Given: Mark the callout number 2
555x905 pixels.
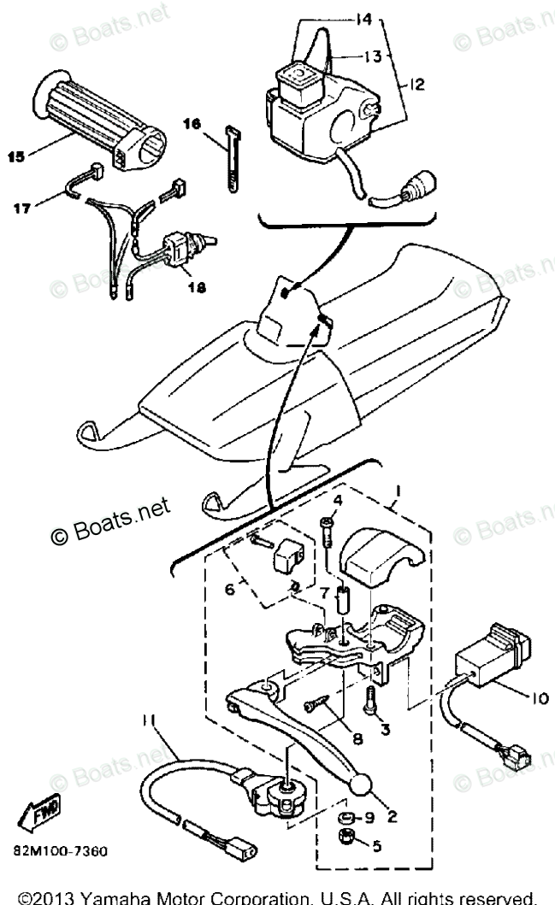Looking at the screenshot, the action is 391,815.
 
